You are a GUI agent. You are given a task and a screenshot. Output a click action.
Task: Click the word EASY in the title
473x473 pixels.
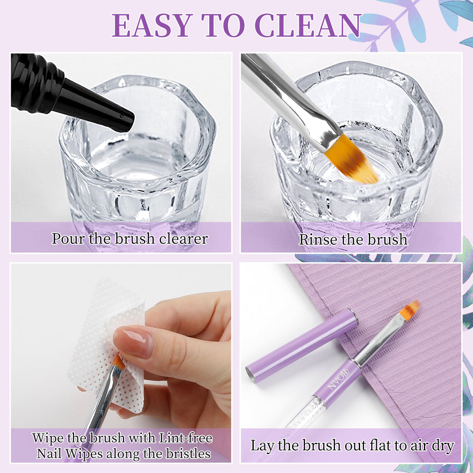coord(152,26)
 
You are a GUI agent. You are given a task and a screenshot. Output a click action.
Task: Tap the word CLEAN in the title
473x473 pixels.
coord(308,26)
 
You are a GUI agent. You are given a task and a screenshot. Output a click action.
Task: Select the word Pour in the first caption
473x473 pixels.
coord(68,239)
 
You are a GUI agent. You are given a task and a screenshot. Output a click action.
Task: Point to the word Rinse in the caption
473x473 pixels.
coord(318,239)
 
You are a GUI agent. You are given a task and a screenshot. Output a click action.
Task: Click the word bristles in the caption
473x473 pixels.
coord(187,453)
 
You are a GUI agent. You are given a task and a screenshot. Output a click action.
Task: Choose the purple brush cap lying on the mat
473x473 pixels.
coord(302,346)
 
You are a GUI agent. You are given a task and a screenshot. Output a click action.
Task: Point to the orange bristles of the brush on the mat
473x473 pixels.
coord(410,310)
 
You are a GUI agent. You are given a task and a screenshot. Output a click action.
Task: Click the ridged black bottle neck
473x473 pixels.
coord(36,83)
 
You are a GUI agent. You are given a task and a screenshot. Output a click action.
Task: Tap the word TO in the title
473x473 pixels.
coord(224,26)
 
